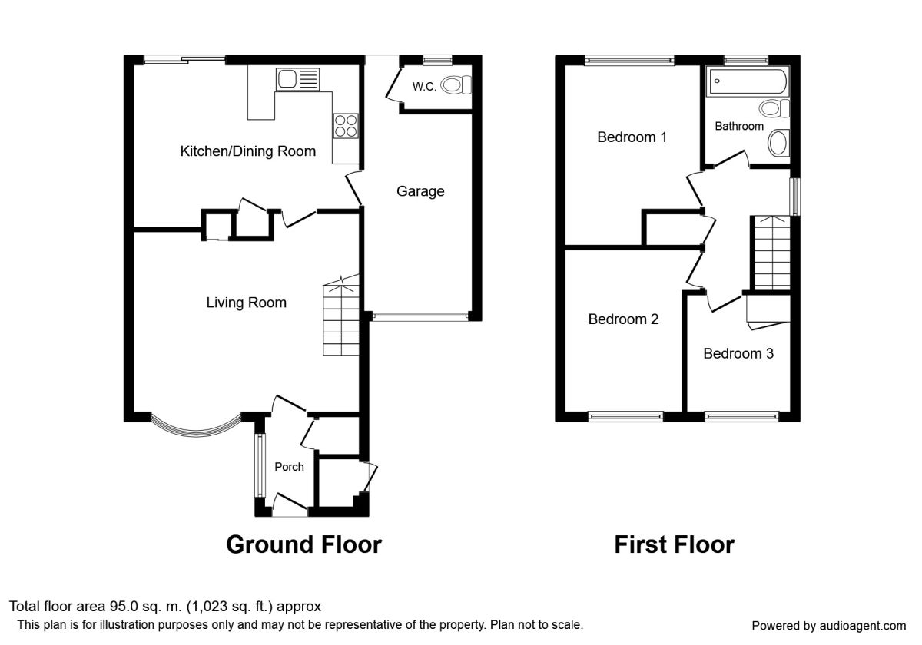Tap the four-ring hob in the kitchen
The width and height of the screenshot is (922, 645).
(x=345, y=124)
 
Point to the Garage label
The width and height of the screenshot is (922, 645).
(x=420, y=191)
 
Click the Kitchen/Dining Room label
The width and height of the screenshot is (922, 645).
(x=247, y=151)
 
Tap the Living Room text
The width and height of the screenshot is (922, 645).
(x=246, y=303)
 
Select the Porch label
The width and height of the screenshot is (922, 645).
(x=289, y=467)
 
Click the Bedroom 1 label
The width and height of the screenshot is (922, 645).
(x=632, y=137)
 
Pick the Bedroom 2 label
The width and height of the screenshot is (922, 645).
(x=623, y=319)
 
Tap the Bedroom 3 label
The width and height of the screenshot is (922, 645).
(x=738, y=354)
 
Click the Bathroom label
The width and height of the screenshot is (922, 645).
(x=739, y=126)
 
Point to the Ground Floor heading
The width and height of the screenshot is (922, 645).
(x=303, y=544)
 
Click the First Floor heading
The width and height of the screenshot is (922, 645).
(x=674, y=544)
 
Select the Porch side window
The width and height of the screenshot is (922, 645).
(x=259, y=465)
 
